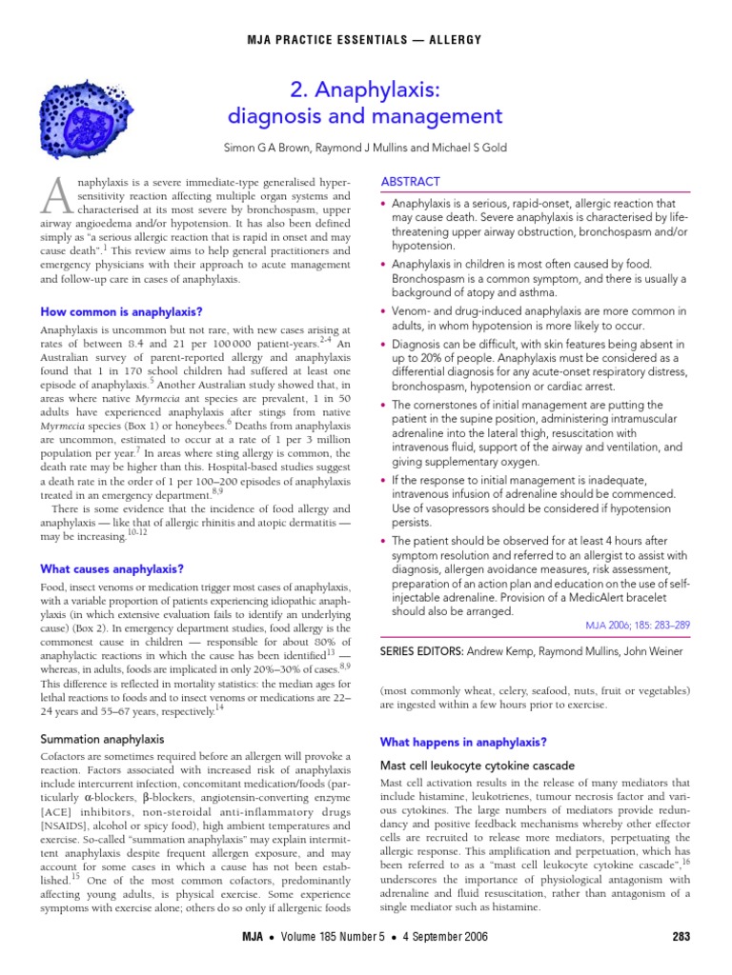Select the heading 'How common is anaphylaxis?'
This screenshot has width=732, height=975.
click(121, 311)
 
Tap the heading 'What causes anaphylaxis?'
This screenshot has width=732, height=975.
click(112, 568)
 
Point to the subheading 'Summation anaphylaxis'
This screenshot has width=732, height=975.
click(102, 739)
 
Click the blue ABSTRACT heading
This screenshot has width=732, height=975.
click(410, 181)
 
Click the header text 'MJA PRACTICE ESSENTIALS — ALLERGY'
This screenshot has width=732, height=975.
click(366, 39)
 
